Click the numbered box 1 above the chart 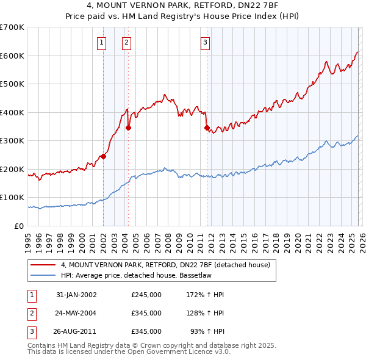tap(101, 42)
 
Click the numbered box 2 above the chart tap(126, 42)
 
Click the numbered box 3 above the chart tap(205, 42)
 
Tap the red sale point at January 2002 tap(104, 156)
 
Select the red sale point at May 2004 tap(129, 128)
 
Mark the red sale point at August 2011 tap(207, 128)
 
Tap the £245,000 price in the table tap(146, 295)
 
